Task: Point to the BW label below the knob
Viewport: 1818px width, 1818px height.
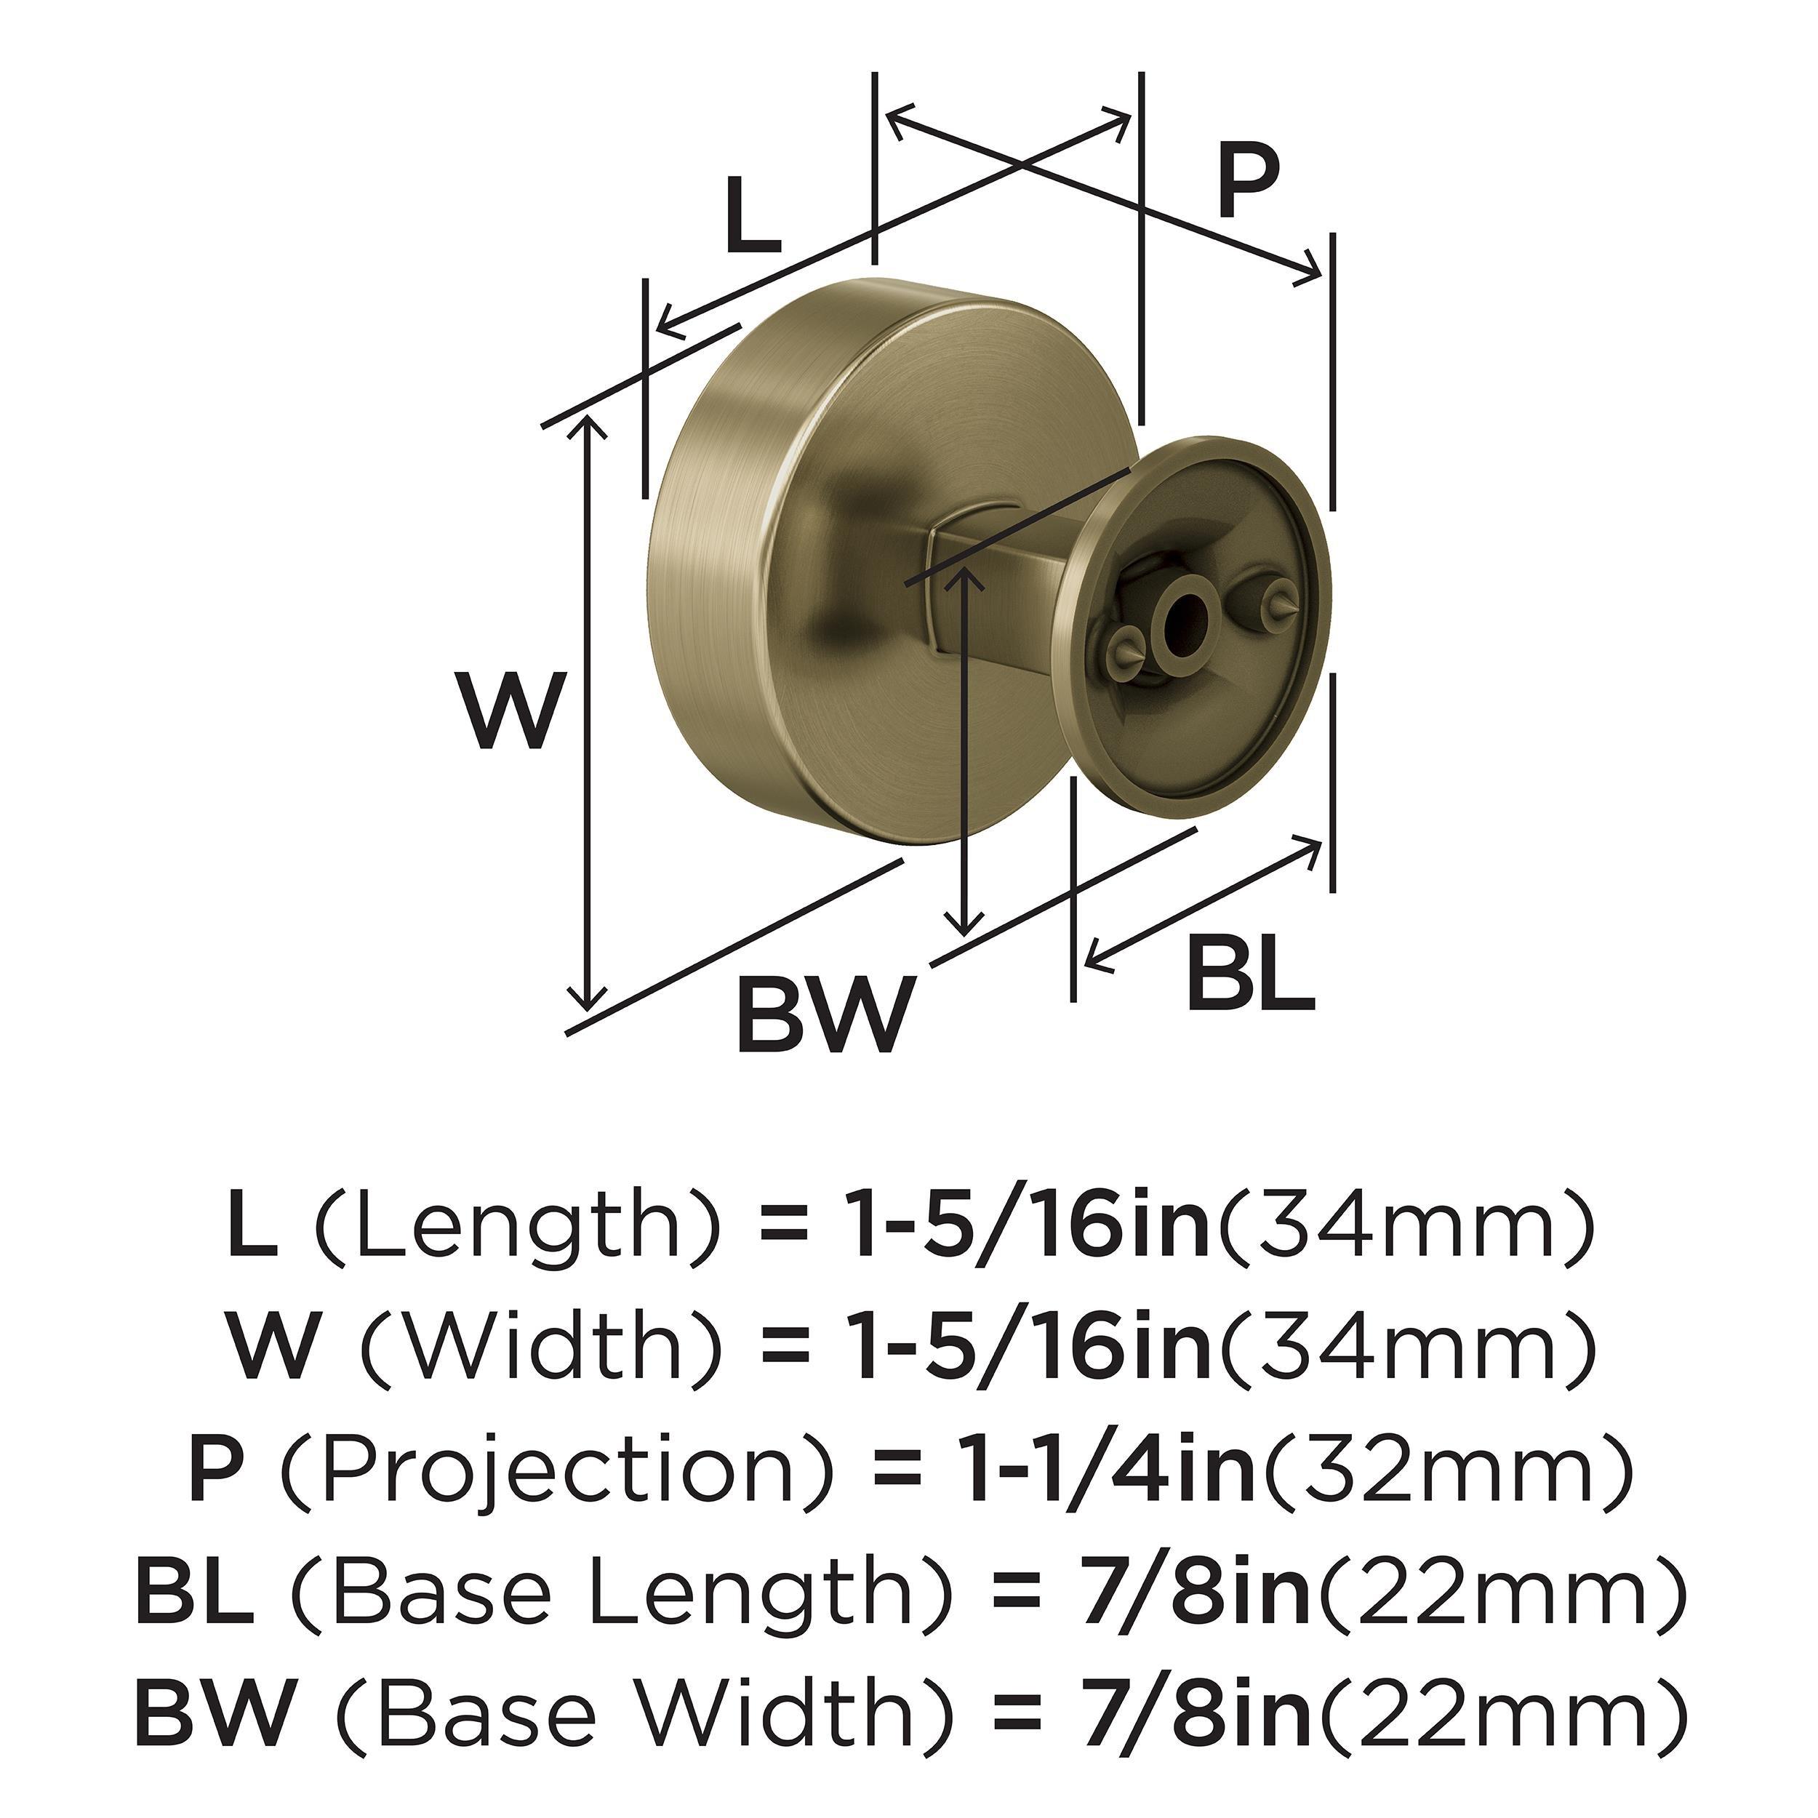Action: [825, 1017]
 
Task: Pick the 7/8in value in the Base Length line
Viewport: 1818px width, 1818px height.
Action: [1197, 1595]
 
